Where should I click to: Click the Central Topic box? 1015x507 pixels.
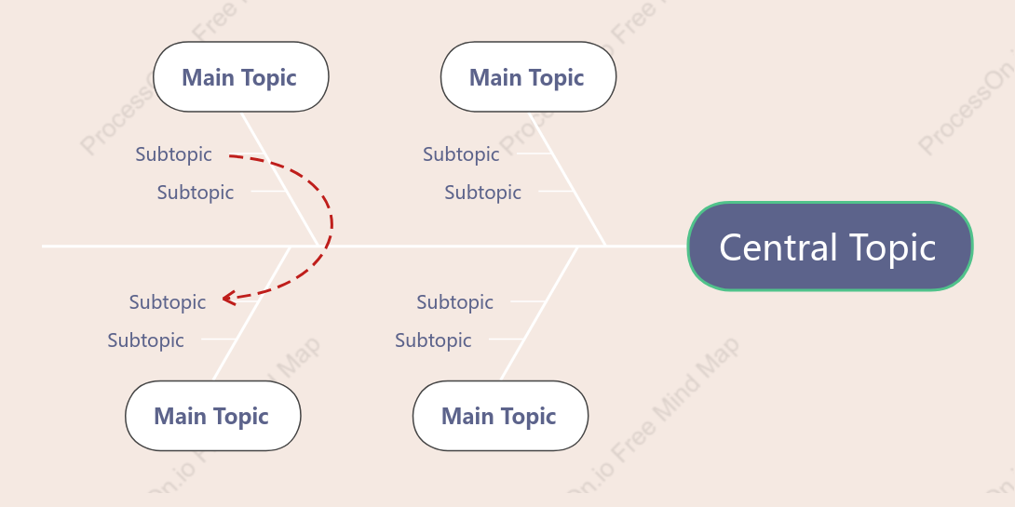click(830, 247)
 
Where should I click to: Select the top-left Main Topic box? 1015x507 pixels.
click(241, 77)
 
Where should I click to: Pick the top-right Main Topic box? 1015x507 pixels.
click(528, 77)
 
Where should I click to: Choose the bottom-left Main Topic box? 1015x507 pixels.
click(213, 416)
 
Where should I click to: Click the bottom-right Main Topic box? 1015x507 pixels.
click(500, 416)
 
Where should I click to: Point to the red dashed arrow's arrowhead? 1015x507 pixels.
click(228, 298)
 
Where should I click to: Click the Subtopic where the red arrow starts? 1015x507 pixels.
click(173, 154)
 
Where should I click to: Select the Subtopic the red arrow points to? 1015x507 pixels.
click(168, 302)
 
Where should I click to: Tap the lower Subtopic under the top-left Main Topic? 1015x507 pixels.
click(196, 192)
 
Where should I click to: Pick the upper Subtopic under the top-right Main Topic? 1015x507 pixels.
click(461, 154)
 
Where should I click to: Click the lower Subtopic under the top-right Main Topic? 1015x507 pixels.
click(483, 192)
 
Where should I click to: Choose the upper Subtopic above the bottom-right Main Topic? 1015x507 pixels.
click(455, 302)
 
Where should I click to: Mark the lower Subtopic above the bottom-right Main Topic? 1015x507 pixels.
click(433, 340)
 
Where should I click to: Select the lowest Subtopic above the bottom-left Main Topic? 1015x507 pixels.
click(145, 340)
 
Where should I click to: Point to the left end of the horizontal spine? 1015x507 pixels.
click(43, 247)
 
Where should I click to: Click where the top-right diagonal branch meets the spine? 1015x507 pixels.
click(606, 246)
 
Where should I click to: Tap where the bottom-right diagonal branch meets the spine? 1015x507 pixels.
click(577, 247)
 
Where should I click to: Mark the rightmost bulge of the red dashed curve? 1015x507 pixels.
click(332, 224)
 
